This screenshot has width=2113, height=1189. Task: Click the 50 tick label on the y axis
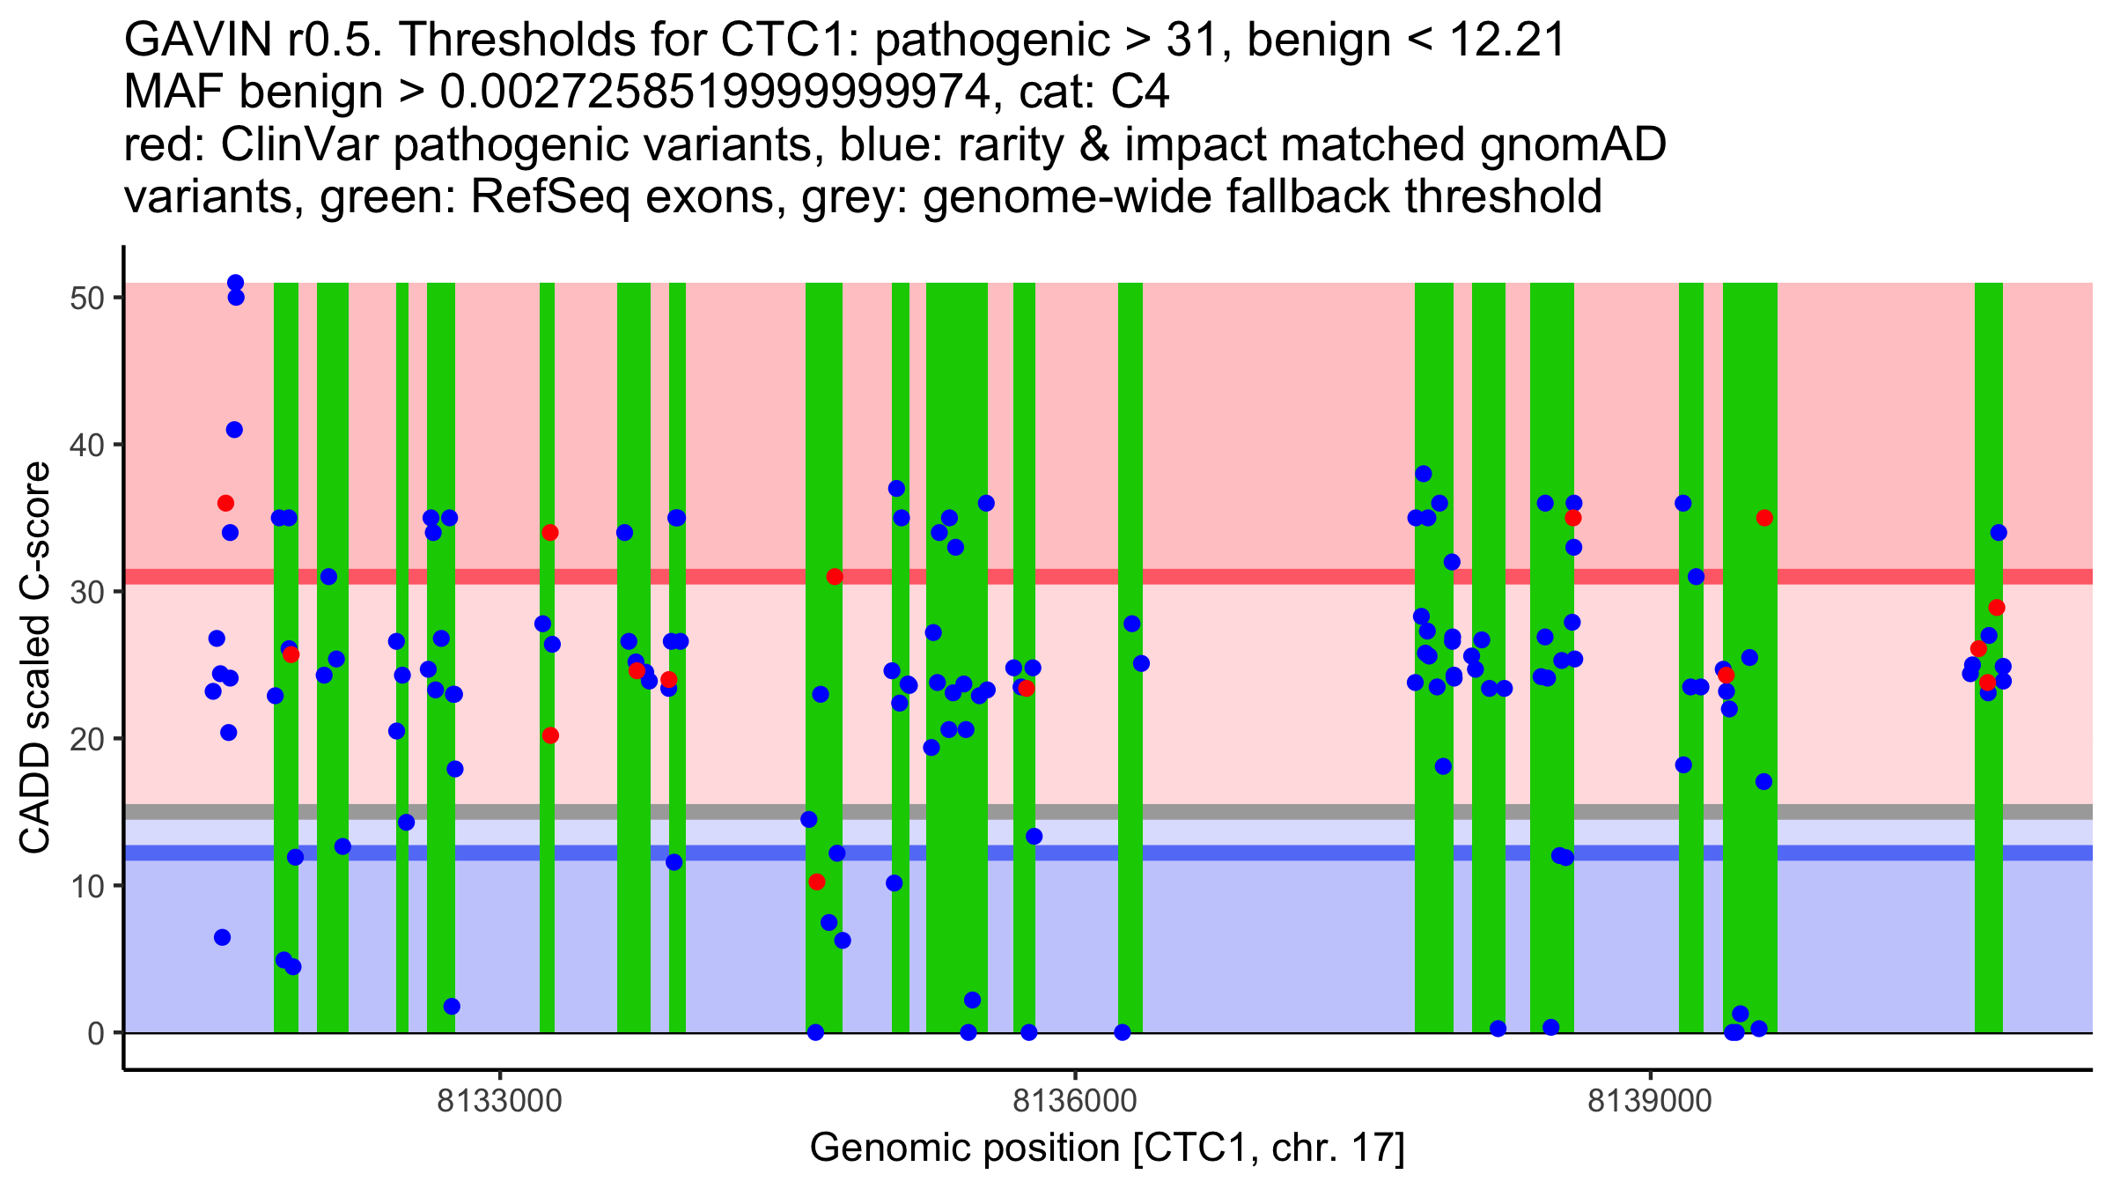coord(85,298)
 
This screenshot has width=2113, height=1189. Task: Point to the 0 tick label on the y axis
coord(95,1033)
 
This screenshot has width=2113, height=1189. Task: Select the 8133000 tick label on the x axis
coord(500,1101)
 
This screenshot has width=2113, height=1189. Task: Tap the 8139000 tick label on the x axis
coord(1650,1101)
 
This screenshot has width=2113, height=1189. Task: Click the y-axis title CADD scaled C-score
coord(35,658)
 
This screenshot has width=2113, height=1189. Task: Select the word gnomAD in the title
coord(1572,145)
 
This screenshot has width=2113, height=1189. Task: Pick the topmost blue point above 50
coord(235,283)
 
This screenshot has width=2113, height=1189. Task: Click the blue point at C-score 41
coord(234,430)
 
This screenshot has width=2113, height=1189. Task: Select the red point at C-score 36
coord(225,503)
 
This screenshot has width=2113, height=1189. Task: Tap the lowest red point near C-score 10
coord(817,882)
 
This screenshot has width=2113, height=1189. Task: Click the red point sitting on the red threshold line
coord(835,577)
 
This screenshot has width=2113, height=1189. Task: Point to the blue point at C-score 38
coord(1424,474)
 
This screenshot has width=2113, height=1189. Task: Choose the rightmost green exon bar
coord(1989,657)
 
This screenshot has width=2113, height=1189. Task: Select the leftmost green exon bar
coord(286,657)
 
